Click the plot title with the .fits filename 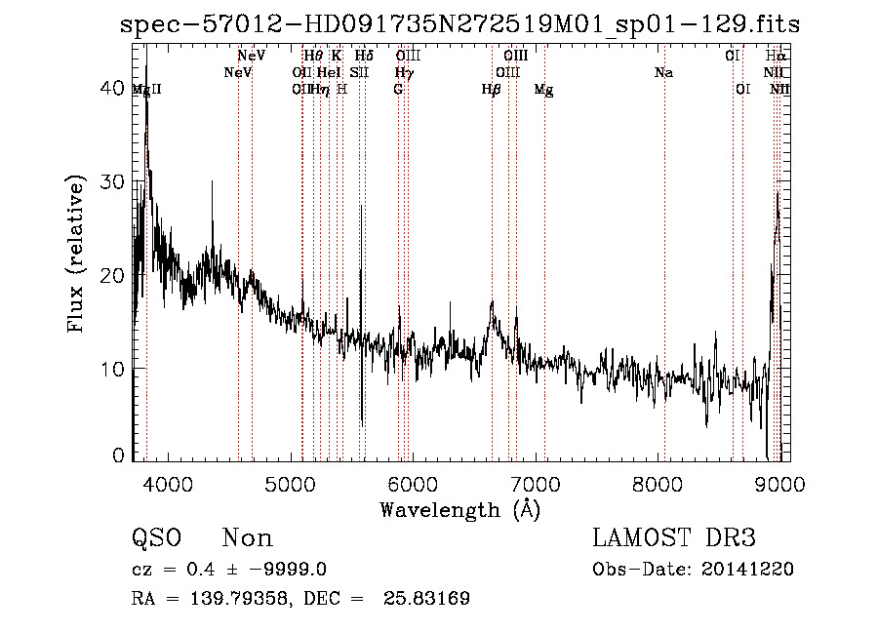click(x=459, y=24)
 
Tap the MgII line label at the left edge click(x=147, y=90)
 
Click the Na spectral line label click(x=663, y=73)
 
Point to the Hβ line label click(x=492, y=90)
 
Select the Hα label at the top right click(x=776, y=57)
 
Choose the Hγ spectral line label click(x=403, y=73)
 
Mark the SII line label click(x=360, y=73)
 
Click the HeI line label click(x=329, y=73)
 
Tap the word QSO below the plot click(x=156, y=538)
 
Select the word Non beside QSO click(x=248, y=538)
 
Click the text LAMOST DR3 click(x=674, y=538)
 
